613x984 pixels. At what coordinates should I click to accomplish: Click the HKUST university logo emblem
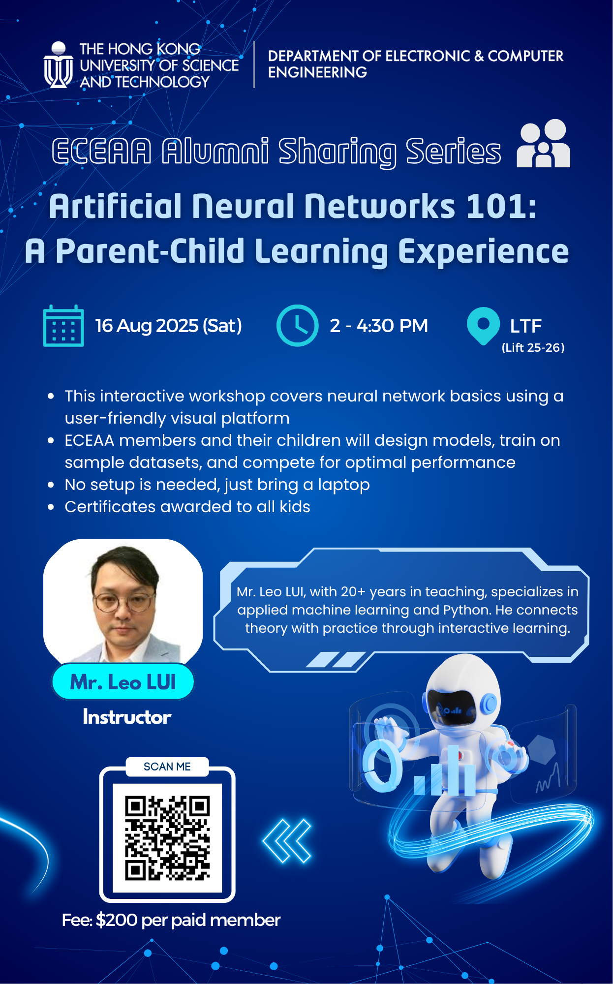point(58,65)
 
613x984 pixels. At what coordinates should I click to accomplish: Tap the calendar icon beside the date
point(63,326)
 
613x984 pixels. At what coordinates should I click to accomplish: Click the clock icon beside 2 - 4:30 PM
point(297,325)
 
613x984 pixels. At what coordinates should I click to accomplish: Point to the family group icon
point(544,143)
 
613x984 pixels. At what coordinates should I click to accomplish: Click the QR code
point(167,838)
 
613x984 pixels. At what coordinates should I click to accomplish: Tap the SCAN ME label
point(167,767)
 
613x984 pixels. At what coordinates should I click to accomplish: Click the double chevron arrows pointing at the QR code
point(287,841)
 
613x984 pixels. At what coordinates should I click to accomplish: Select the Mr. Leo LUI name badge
point(123,682)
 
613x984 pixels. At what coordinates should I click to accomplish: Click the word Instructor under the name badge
point(127,717)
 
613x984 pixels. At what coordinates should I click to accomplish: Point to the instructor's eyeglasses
point(123,602)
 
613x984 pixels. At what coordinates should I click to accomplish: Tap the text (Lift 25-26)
point(533,348)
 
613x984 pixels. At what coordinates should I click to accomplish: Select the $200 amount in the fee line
point(117,920)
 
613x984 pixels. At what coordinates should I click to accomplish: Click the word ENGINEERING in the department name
point(317,72)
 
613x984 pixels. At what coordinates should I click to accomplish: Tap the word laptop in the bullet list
point(344,485)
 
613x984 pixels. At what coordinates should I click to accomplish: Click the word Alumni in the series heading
point(215,151)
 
